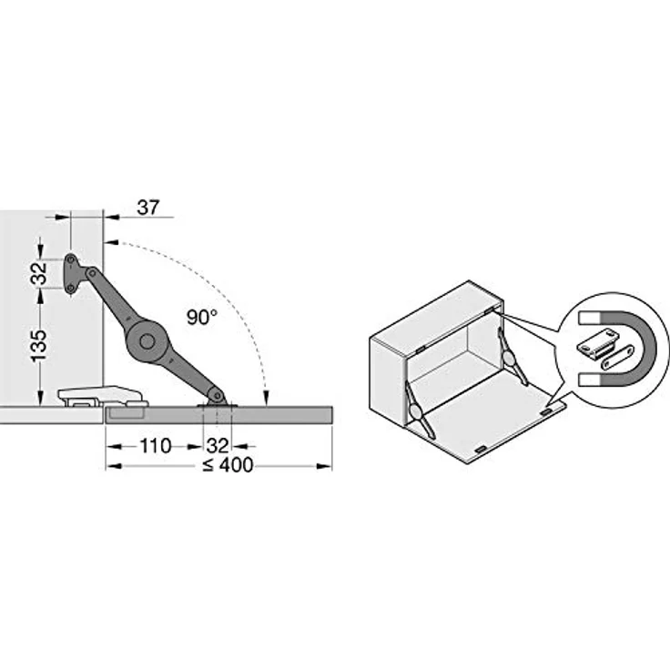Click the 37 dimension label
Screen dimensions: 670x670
[147, 208]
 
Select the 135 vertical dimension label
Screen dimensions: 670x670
[39, 346]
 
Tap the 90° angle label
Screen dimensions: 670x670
[202, 318]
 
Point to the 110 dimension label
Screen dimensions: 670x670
[156, 447]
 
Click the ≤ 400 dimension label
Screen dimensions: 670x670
[228, 465]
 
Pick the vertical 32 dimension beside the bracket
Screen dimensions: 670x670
[39, 274]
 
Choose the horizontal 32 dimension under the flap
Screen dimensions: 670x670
[218, 447]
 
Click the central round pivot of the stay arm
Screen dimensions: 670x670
[147, 341]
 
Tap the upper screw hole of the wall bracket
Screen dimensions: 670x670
[70, 259]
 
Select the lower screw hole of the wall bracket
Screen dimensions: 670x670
[70, 289]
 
